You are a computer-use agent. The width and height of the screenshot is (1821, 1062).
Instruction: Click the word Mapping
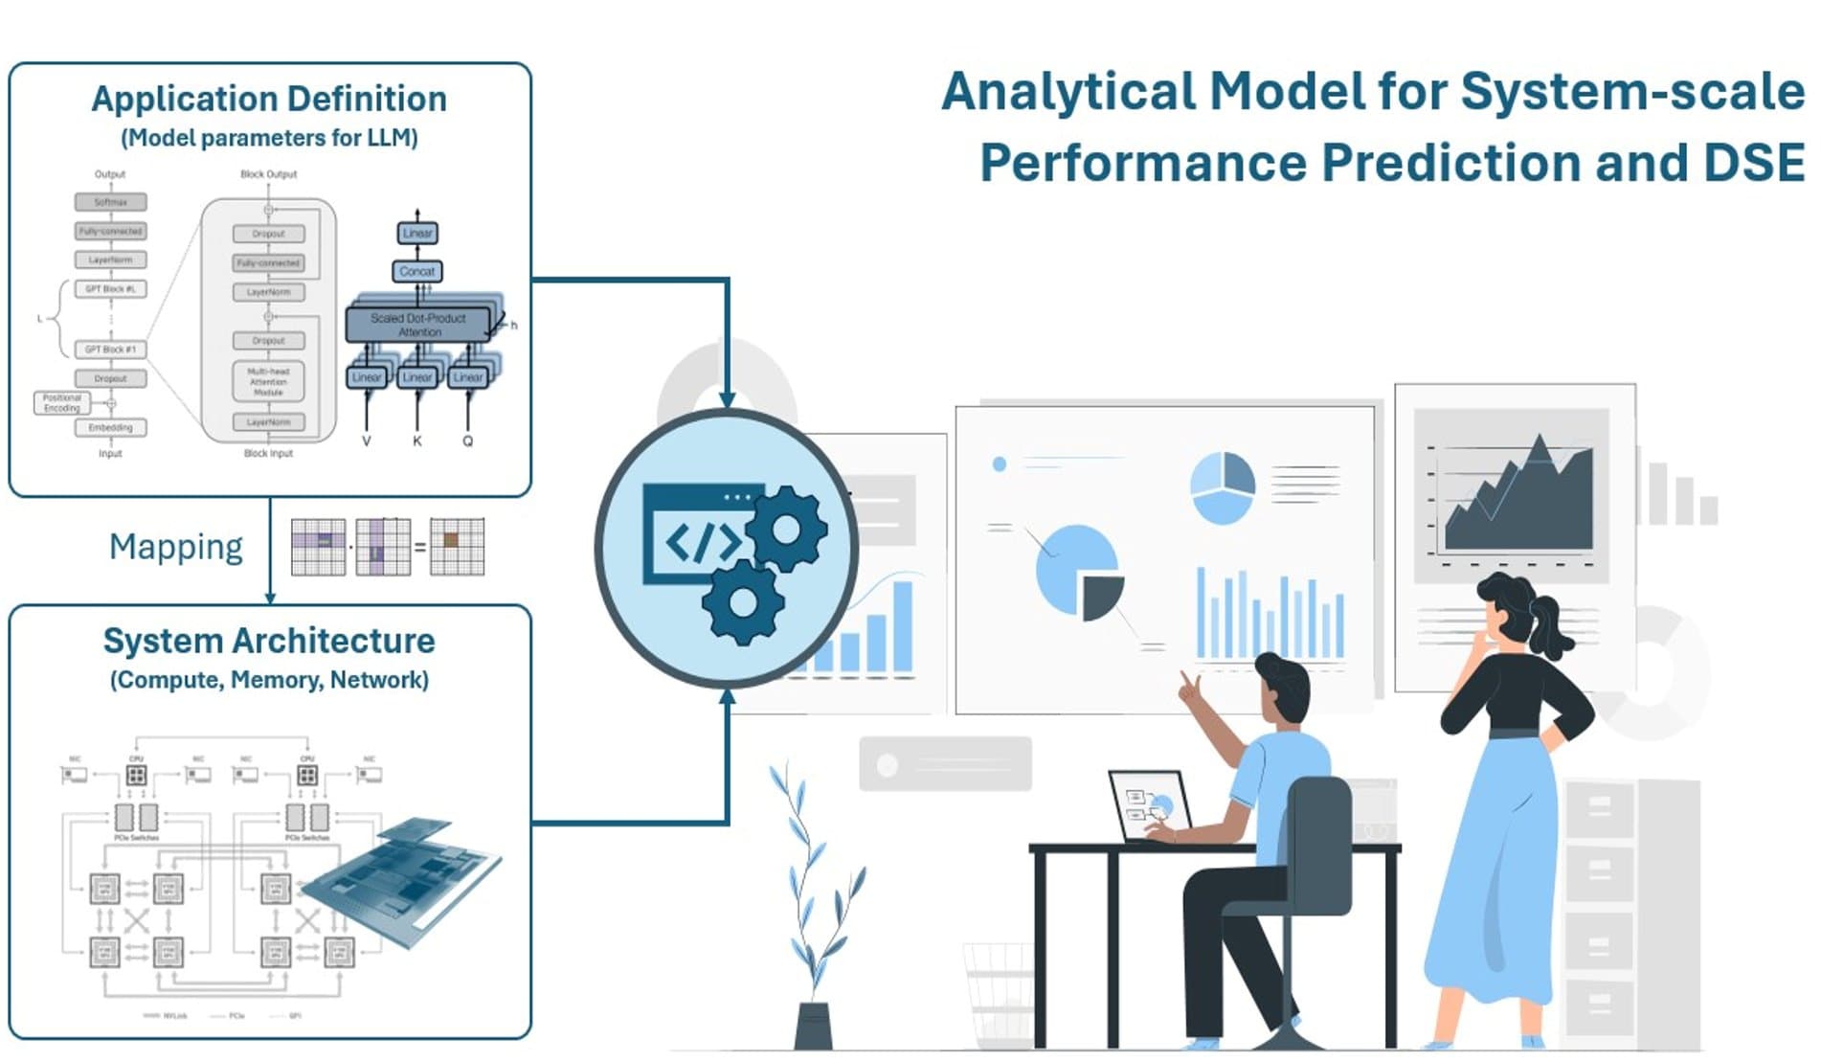pyautogui.click(x=176, y=547)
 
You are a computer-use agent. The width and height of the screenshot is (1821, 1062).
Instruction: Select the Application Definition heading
pyautogui.click(x=269, y=99)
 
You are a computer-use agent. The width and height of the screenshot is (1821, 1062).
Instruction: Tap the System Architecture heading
pyautogui.click(x=269, y=641)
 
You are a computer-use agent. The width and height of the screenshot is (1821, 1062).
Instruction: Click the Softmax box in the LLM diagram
pyautogui.click(x=111, y=202)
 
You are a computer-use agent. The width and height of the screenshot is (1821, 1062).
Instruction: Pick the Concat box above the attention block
pyautogui.click(x=417, y=272)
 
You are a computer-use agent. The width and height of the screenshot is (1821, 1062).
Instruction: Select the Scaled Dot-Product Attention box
pyautogui.click(x=418, y=325)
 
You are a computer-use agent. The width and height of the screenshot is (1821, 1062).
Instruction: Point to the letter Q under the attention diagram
pyautogui.click(x=467, y=441)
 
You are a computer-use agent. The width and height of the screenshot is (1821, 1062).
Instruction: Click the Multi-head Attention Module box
pyautogui.click(x=268, y=381)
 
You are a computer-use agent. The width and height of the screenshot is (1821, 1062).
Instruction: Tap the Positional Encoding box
pyautogui.click(x=61, y=403)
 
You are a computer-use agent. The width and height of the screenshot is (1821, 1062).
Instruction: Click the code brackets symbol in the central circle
pyautogui.click(x=703, y=543)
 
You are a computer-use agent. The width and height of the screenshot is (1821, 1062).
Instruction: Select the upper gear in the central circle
pyautogui.click(x=787, y=529)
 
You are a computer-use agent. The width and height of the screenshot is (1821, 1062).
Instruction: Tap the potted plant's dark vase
pyautogui.click(x=813, y=1026)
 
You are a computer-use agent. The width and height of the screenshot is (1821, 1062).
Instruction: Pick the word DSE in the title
pyautogui.click(x=1753, y=163)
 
